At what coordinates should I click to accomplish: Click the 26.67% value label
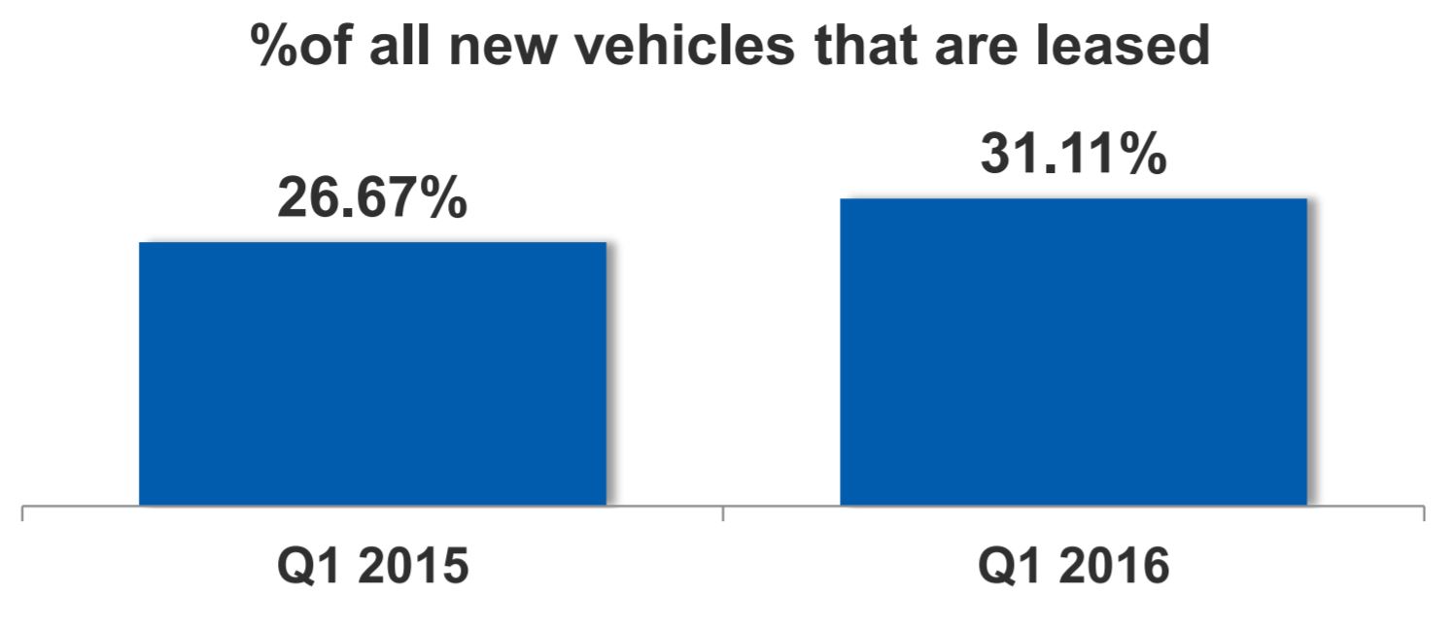tap(372, 198)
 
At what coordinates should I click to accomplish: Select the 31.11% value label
tap(1073, 156)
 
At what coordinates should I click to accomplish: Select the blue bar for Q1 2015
tap(372, 374)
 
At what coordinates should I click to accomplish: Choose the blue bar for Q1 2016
tap(1073, 352)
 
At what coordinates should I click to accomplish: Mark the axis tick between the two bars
tap(723, 512)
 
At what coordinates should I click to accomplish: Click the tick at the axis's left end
tap(22, 512)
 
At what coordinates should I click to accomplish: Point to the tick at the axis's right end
tap(1424, 512)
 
